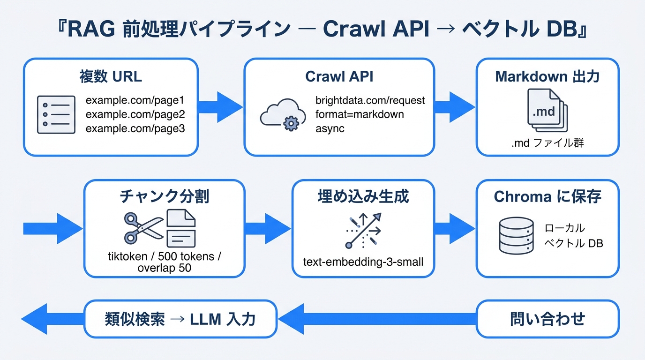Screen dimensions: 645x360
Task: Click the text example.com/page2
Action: point(135,114)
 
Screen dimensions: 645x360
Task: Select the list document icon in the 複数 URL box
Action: point(56,115)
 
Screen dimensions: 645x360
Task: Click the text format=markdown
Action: point(360,114)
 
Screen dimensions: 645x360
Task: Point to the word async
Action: point(330,128)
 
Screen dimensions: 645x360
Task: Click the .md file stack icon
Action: point(547,110)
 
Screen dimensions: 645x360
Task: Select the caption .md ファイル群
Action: point(547,143)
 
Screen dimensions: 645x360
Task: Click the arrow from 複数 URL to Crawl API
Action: point(220,107)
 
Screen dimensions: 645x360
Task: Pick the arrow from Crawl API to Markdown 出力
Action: point(454,107)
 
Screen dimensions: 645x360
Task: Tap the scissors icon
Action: point(143,228)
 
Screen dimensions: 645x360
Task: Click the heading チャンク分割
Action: point(165,196)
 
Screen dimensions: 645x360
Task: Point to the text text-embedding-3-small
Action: point(363,262)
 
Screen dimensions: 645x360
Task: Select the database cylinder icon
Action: point(516,236)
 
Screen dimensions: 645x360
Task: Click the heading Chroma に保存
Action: point(547,196)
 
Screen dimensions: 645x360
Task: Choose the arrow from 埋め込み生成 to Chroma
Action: point(454,229)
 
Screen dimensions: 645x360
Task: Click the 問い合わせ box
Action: point(547,319)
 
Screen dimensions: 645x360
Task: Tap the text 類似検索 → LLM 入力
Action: point(180,319)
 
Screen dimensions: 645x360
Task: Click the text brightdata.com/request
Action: point(370,100)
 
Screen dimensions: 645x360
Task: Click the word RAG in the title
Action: point(91,29)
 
